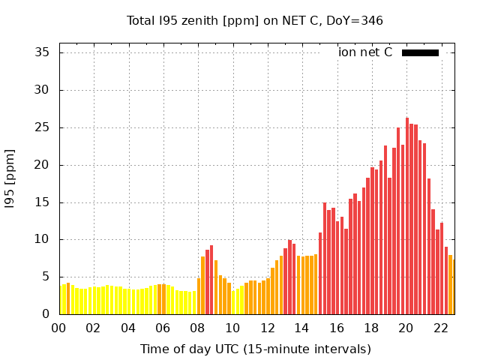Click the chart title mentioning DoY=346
coord(255,21)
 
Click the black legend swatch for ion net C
coord(420,52)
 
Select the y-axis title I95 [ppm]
coord(10,178)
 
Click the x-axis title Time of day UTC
coord(255,349)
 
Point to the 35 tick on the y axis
coord(42,52)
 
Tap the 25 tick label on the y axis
coord(42,127)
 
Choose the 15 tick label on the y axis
coord(42,202)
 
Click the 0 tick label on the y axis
coord(46,314)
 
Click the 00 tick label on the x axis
coord(59,328)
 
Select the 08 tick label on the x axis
coord(198,328)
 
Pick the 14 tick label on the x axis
coord(302,328)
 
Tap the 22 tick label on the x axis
coord(441,328)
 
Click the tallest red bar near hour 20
coord(407,216)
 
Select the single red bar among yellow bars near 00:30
coord(68,298)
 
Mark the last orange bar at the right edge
coord(453,287)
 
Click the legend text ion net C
coord(365,52)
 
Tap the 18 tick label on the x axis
coord(371,328)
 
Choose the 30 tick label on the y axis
coord(42,90)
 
